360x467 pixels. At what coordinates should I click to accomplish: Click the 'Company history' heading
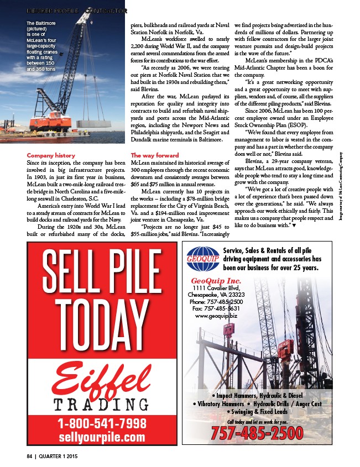point(51,156)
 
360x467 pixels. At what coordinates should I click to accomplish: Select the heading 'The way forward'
point(155,156)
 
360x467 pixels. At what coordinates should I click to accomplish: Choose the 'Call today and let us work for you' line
point(253,422)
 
